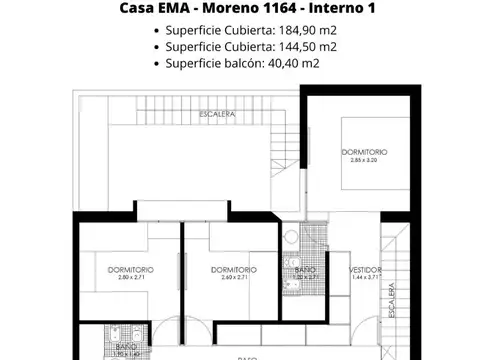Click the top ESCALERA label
pyautogui.click(x=217, y=115)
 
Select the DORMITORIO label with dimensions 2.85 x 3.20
pyautogui.click(x=363, y=152)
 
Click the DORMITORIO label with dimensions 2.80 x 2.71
pyautogui.click(x=131, y=269)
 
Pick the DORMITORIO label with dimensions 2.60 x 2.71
pyautogui.click(x=233, y=269)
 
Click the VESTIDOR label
pyautogui.click(x=365, y=269)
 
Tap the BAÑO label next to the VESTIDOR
pyautogui.click(x=300, y=269)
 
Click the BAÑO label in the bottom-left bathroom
pyautogui.click(x=125, y=346)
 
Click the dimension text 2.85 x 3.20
pyautogui.click(x=363, y=160)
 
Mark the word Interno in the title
pyautogui.click(x=334, y=10)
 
